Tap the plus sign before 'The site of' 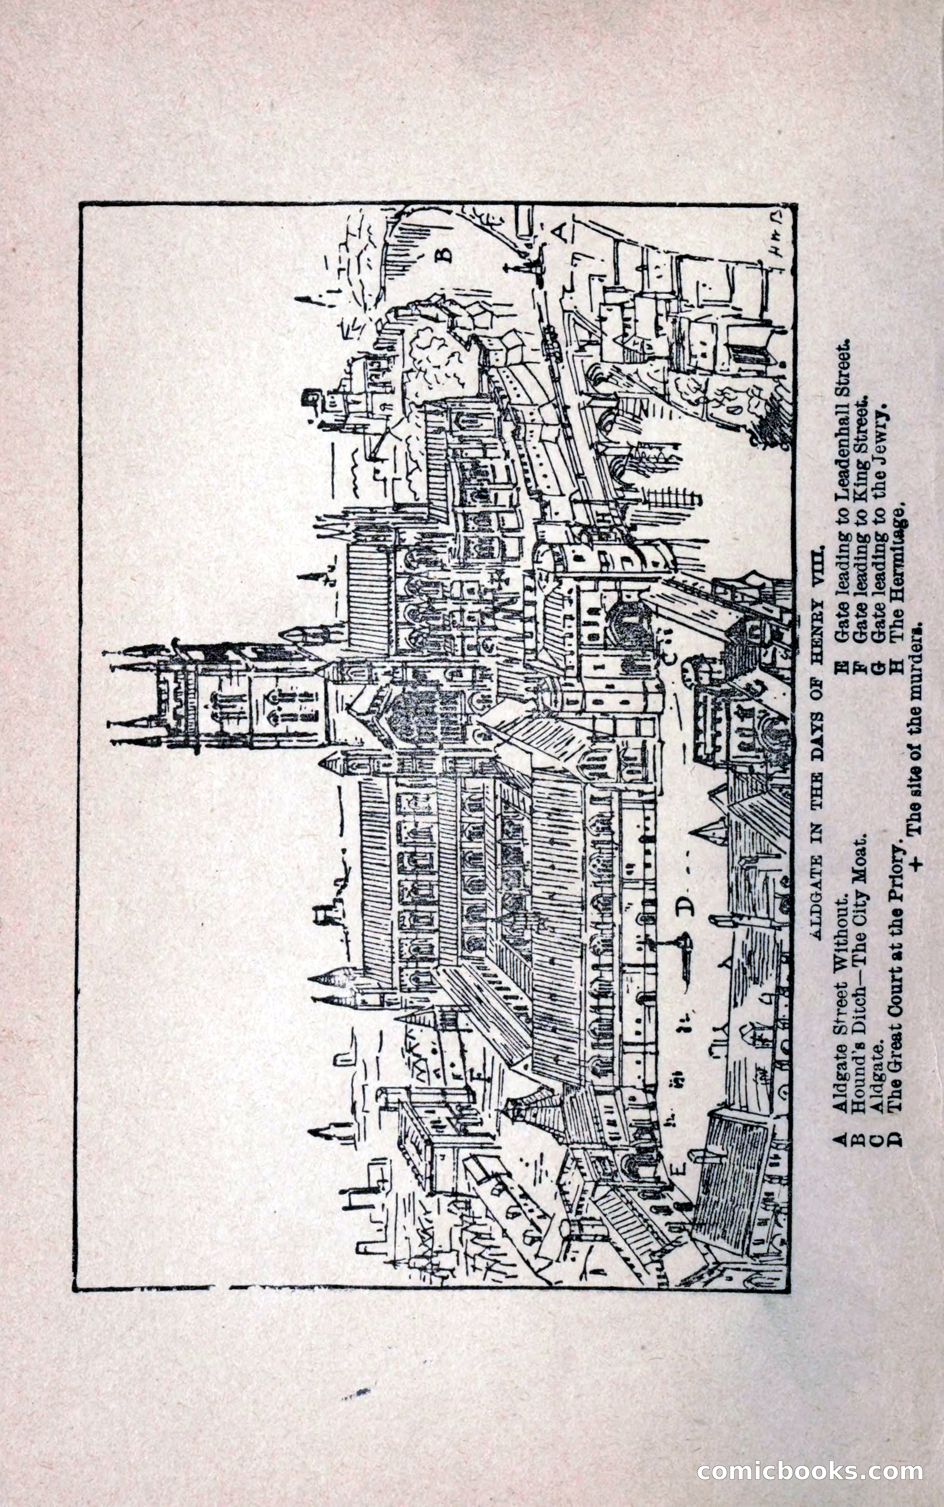click(916, 863)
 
